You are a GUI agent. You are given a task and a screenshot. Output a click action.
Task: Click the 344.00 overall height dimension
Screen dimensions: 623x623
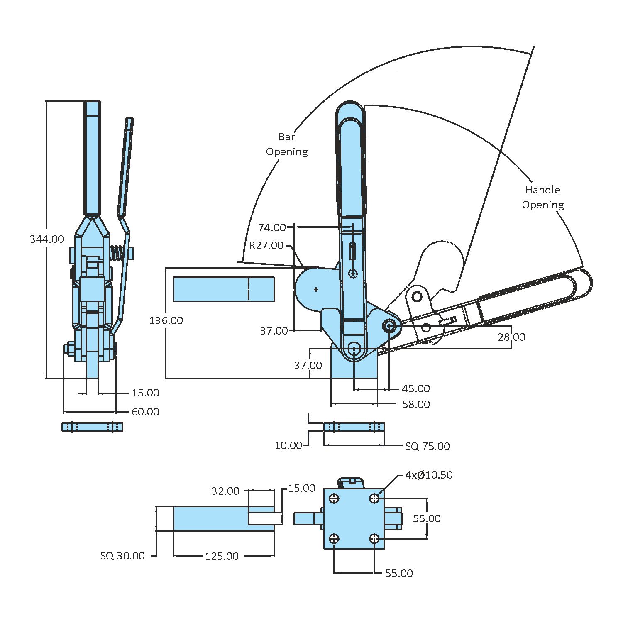click(46, 239)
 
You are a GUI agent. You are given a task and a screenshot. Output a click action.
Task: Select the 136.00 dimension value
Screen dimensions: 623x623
click(166, 320)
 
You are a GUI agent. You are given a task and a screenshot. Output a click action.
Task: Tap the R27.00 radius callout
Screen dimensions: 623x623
click(266, 245)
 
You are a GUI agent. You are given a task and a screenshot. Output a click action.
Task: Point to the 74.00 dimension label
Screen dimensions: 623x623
click(272, 227)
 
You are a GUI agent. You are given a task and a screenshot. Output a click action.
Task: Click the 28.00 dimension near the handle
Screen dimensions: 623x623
click(511, 337)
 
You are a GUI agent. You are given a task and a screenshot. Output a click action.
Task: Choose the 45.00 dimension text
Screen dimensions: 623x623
click(416, 388)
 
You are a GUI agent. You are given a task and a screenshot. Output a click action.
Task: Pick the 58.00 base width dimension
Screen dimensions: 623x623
click(416, 404)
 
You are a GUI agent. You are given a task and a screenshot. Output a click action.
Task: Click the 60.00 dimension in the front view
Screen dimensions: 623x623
click(145, 412)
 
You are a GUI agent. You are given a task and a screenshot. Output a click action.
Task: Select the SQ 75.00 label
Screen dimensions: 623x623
click(427, 446)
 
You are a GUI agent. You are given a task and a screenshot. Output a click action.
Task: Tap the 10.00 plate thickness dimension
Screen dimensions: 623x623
click(288, 445)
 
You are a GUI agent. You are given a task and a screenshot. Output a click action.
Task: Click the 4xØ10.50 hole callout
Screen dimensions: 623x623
click(429, 475)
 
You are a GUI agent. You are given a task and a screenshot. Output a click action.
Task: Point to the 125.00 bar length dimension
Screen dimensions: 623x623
click(222, 556)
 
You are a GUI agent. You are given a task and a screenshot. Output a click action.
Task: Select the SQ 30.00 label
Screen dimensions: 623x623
click(122, 556)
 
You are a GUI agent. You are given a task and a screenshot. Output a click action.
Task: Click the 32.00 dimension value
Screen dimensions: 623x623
click(225, 491)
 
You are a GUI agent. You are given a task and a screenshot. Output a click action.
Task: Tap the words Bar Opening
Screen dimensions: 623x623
click(287, 144)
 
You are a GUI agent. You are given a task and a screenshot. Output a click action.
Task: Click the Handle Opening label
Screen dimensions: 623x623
click(542, 197)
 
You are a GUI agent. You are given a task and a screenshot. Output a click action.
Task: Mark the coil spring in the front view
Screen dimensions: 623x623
click(117, 253)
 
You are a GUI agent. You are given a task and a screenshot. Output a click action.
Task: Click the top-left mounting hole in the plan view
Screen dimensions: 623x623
click(334, 498)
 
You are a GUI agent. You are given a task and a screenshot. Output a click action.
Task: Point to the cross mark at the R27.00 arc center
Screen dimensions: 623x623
click(316, 289)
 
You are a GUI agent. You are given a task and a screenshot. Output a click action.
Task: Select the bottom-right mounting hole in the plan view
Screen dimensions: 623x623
click(374, 539)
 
